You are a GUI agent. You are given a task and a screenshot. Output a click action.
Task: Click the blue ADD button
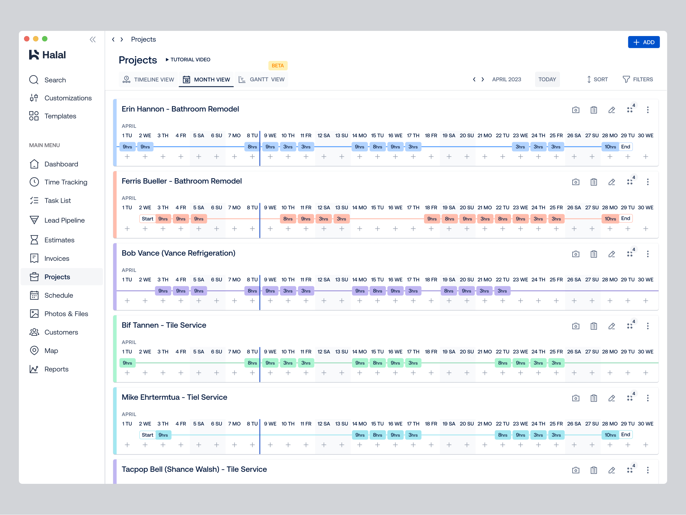tap(643, 42)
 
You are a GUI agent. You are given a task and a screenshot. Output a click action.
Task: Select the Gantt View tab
tap(262, 79)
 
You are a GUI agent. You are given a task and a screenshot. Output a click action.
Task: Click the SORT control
tap(597, 79)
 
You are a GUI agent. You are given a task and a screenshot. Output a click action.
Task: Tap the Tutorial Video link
tap(188, 59)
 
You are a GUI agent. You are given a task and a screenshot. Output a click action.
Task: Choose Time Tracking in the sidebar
tap(65, 182)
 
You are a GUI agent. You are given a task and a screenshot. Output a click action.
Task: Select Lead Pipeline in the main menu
tap(64, 220)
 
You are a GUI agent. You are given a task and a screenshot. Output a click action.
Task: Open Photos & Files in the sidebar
tap(66, 314)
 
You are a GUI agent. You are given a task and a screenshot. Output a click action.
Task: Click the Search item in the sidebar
tap(55, 80)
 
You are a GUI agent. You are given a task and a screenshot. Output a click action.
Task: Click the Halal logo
tap(47, 55)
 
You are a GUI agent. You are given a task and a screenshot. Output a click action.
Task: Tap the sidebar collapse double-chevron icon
tap(92, 39)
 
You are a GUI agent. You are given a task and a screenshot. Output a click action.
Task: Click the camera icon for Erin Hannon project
tap(576, 110)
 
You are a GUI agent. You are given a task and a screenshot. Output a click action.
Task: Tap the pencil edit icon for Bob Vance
tap(612, 254)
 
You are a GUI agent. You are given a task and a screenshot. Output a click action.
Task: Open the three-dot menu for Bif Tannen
tap(647, 326)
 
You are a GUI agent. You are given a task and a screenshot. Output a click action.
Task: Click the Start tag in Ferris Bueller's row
tap(147, 219)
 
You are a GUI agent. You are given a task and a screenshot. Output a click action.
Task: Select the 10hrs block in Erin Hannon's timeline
tap(610, 147)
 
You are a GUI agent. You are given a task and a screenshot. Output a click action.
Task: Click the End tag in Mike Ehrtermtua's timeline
tap(625, 435)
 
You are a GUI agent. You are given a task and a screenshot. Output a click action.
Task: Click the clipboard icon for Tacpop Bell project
tap(594, 470)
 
